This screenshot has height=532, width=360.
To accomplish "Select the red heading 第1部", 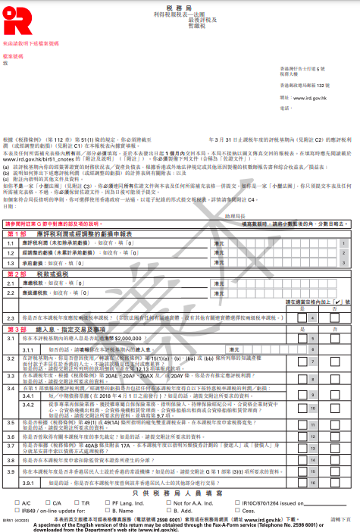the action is [17, 235].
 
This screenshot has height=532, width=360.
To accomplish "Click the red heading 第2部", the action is [17, 273].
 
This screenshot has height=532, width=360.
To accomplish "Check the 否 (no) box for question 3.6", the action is [334, 437].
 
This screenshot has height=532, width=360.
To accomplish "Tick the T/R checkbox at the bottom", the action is [76, 502].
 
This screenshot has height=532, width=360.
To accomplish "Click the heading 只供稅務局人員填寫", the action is [179, 493].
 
